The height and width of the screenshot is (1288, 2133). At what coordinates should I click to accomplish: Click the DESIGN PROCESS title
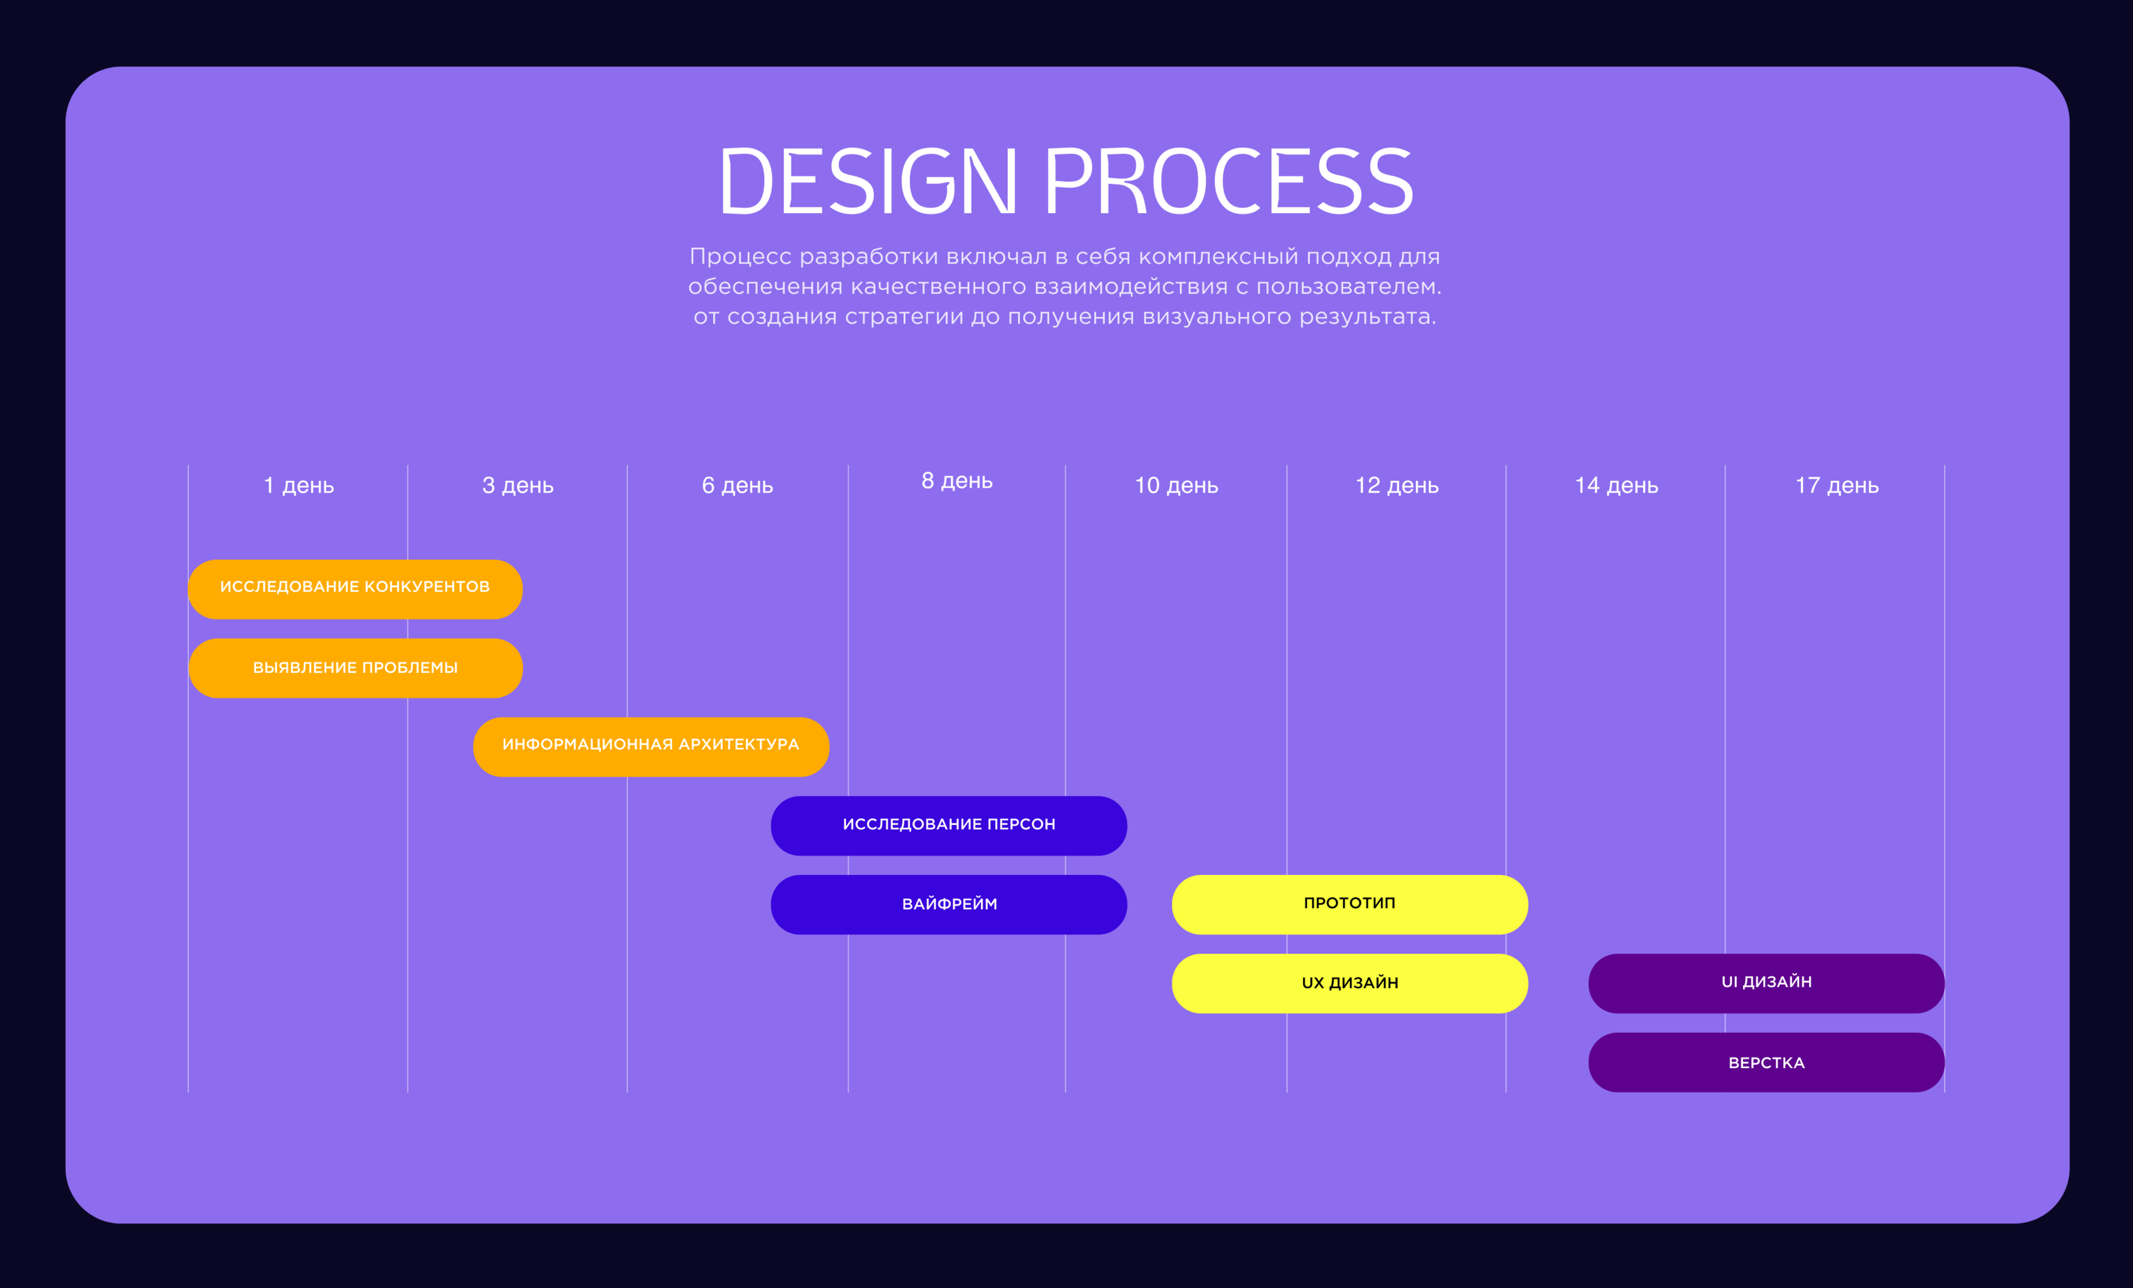[1066, 181]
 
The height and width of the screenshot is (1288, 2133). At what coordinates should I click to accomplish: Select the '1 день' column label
[299, 486]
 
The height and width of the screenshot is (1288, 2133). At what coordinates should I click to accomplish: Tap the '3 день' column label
[518, 486]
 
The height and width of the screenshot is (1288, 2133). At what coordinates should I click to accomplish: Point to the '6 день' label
[737, 486]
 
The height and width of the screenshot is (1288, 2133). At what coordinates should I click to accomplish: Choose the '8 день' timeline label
[957, 480]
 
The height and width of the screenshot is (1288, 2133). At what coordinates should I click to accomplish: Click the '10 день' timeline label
[1176, 486]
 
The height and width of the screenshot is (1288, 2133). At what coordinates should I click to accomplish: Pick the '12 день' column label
[1396, 486]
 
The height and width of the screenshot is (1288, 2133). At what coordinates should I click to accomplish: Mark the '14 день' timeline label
[1616, 486]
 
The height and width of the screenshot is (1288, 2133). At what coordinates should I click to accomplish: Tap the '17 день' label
[1837, 486]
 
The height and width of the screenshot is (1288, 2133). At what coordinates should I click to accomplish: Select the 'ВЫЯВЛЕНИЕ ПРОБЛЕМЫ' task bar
[355, 668]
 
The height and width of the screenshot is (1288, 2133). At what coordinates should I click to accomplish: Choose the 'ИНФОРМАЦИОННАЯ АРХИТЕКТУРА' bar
[651, 747]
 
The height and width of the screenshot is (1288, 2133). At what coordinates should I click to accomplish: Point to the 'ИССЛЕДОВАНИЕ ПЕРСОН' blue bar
[949, 826]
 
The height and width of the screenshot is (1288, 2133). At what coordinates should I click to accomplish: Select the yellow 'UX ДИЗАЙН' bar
[1350, 983]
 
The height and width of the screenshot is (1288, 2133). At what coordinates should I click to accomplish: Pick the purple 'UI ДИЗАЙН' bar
[1766, 983]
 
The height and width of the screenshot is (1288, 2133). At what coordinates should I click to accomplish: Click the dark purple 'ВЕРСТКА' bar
[1766, 1062]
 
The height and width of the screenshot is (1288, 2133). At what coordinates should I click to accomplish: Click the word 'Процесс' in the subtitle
[740, 257]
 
